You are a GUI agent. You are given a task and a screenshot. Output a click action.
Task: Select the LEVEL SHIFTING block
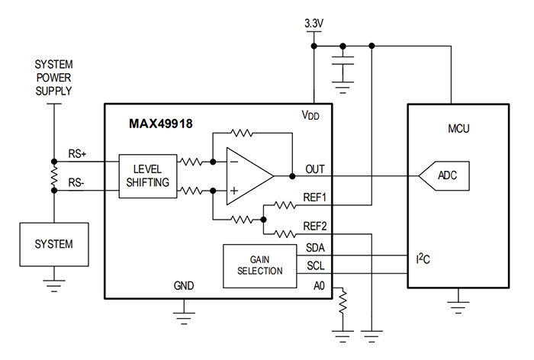(x=146, y=175)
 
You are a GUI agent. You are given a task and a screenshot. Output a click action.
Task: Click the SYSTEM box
(x=54, y=244)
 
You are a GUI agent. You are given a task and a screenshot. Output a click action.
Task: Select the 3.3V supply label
(x=313, y=24)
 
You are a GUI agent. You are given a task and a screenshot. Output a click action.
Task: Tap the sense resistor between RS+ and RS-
(x=54, y=175)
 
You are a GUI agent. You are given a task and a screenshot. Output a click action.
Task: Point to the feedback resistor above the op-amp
(x=242, y=132)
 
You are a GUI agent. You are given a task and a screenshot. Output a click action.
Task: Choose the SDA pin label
(x=316, y=248)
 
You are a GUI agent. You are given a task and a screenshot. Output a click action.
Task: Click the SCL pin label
(x=316, y=266)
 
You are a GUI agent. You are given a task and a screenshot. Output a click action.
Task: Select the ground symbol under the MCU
(x=458, y=304)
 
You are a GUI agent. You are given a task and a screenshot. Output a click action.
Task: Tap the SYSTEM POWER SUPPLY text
(x=54, y=78)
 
